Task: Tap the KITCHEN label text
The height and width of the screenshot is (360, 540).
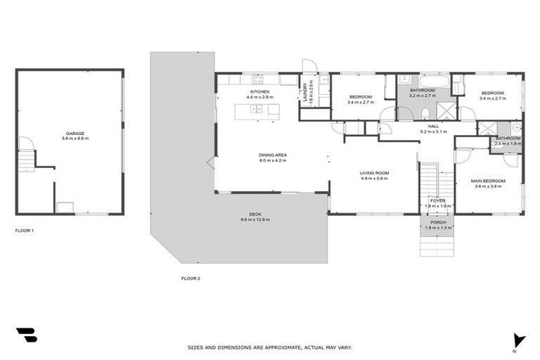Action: [259, 92]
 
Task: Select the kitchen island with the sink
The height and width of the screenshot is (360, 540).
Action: [257, 109]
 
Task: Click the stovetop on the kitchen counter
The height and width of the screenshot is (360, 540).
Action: [257, 79]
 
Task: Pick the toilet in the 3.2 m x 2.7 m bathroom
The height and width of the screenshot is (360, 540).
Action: [425, 113]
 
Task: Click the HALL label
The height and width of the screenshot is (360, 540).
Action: [433, 127]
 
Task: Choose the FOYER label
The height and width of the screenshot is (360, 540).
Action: [437, 200]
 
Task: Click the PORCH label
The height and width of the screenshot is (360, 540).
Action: [437, 222]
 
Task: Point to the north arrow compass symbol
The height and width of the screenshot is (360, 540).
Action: [518, 340]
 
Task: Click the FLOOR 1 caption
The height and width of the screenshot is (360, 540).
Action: [25, 230]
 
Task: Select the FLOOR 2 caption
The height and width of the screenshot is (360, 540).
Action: [191, 278]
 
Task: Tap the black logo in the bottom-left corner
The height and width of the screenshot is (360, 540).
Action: [27, 335]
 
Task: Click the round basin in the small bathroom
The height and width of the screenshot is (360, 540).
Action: [515, 128]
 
